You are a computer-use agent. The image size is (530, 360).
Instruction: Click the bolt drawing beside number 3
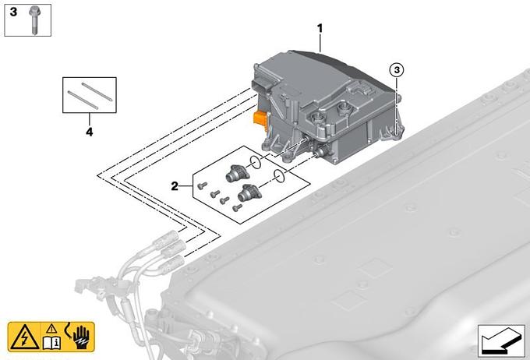pos(34,20)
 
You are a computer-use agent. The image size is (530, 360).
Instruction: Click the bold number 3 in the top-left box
pos(13,12)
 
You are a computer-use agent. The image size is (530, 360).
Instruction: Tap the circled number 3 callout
pos(397,70)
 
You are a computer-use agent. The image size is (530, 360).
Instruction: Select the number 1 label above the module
pos(320,29)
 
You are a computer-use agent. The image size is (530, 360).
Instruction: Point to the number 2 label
pos(175,186)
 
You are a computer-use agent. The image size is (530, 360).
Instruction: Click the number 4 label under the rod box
pos(89,132)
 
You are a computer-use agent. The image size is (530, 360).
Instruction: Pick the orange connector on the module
pos(261,120)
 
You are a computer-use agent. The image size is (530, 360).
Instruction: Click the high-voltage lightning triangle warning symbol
pos(24,337)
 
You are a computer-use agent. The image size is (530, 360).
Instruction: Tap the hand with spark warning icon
pos(79,337)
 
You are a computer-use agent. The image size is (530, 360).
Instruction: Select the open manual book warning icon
pos(51,338)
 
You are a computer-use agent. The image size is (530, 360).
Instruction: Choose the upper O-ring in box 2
pos(255,163)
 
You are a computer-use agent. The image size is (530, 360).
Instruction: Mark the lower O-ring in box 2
pos(279,176)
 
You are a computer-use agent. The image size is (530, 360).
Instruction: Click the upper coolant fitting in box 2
pos(237,173)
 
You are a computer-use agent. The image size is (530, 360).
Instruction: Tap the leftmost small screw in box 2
pos(202,185)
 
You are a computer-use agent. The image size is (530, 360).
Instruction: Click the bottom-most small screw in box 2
pos(237,207)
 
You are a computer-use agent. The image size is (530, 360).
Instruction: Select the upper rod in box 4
pos(97,91)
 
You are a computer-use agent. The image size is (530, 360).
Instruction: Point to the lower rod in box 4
pos(83,100)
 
